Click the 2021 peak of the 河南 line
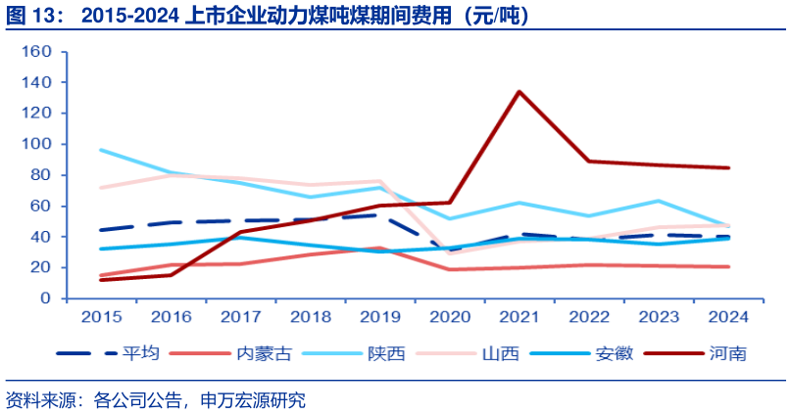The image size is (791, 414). click(x=519, y=92)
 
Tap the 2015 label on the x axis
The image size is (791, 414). click(x=101, y=317)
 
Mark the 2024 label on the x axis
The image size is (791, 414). click(x=727, y=317)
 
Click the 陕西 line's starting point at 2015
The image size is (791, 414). click(x=101, y=150)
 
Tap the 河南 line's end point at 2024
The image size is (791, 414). click(x=727, y=167)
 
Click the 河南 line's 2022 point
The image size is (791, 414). click(x=588, y=161)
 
